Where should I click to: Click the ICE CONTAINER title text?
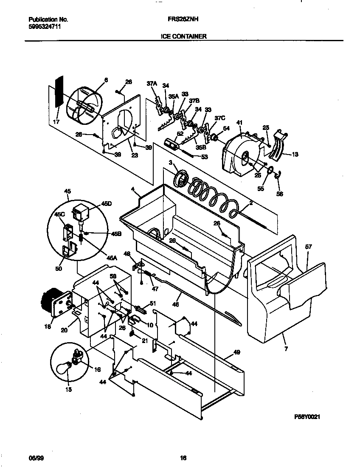183,37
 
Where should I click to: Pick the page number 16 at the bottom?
183,458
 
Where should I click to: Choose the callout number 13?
295,155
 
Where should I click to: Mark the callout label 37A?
152,84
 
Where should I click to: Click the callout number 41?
239,123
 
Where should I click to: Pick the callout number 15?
68,389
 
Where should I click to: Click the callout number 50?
58,269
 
